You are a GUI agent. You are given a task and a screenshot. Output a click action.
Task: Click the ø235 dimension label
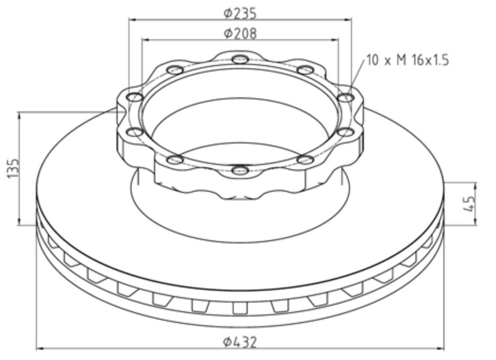240,13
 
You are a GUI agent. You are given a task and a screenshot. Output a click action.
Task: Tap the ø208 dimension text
240,33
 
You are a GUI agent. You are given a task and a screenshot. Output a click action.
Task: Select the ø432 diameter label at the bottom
240,342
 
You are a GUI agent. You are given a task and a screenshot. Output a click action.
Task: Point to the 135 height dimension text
13,168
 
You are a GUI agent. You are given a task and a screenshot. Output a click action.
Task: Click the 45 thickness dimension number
469,204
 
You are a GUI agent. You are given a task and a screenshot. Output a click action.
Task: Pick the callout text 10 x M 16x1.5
408,60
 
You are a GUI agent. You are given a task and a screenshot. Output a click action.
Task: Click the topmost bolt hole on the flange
240,59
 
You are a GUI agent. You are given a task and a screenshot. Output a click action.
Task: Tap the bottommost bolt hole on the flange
240,170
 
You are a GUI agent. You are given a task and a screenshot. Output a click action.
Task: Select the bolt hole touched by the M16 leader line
346,97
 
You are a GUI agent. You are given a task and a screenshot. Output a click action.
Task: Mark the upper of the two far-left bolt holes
135,97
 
